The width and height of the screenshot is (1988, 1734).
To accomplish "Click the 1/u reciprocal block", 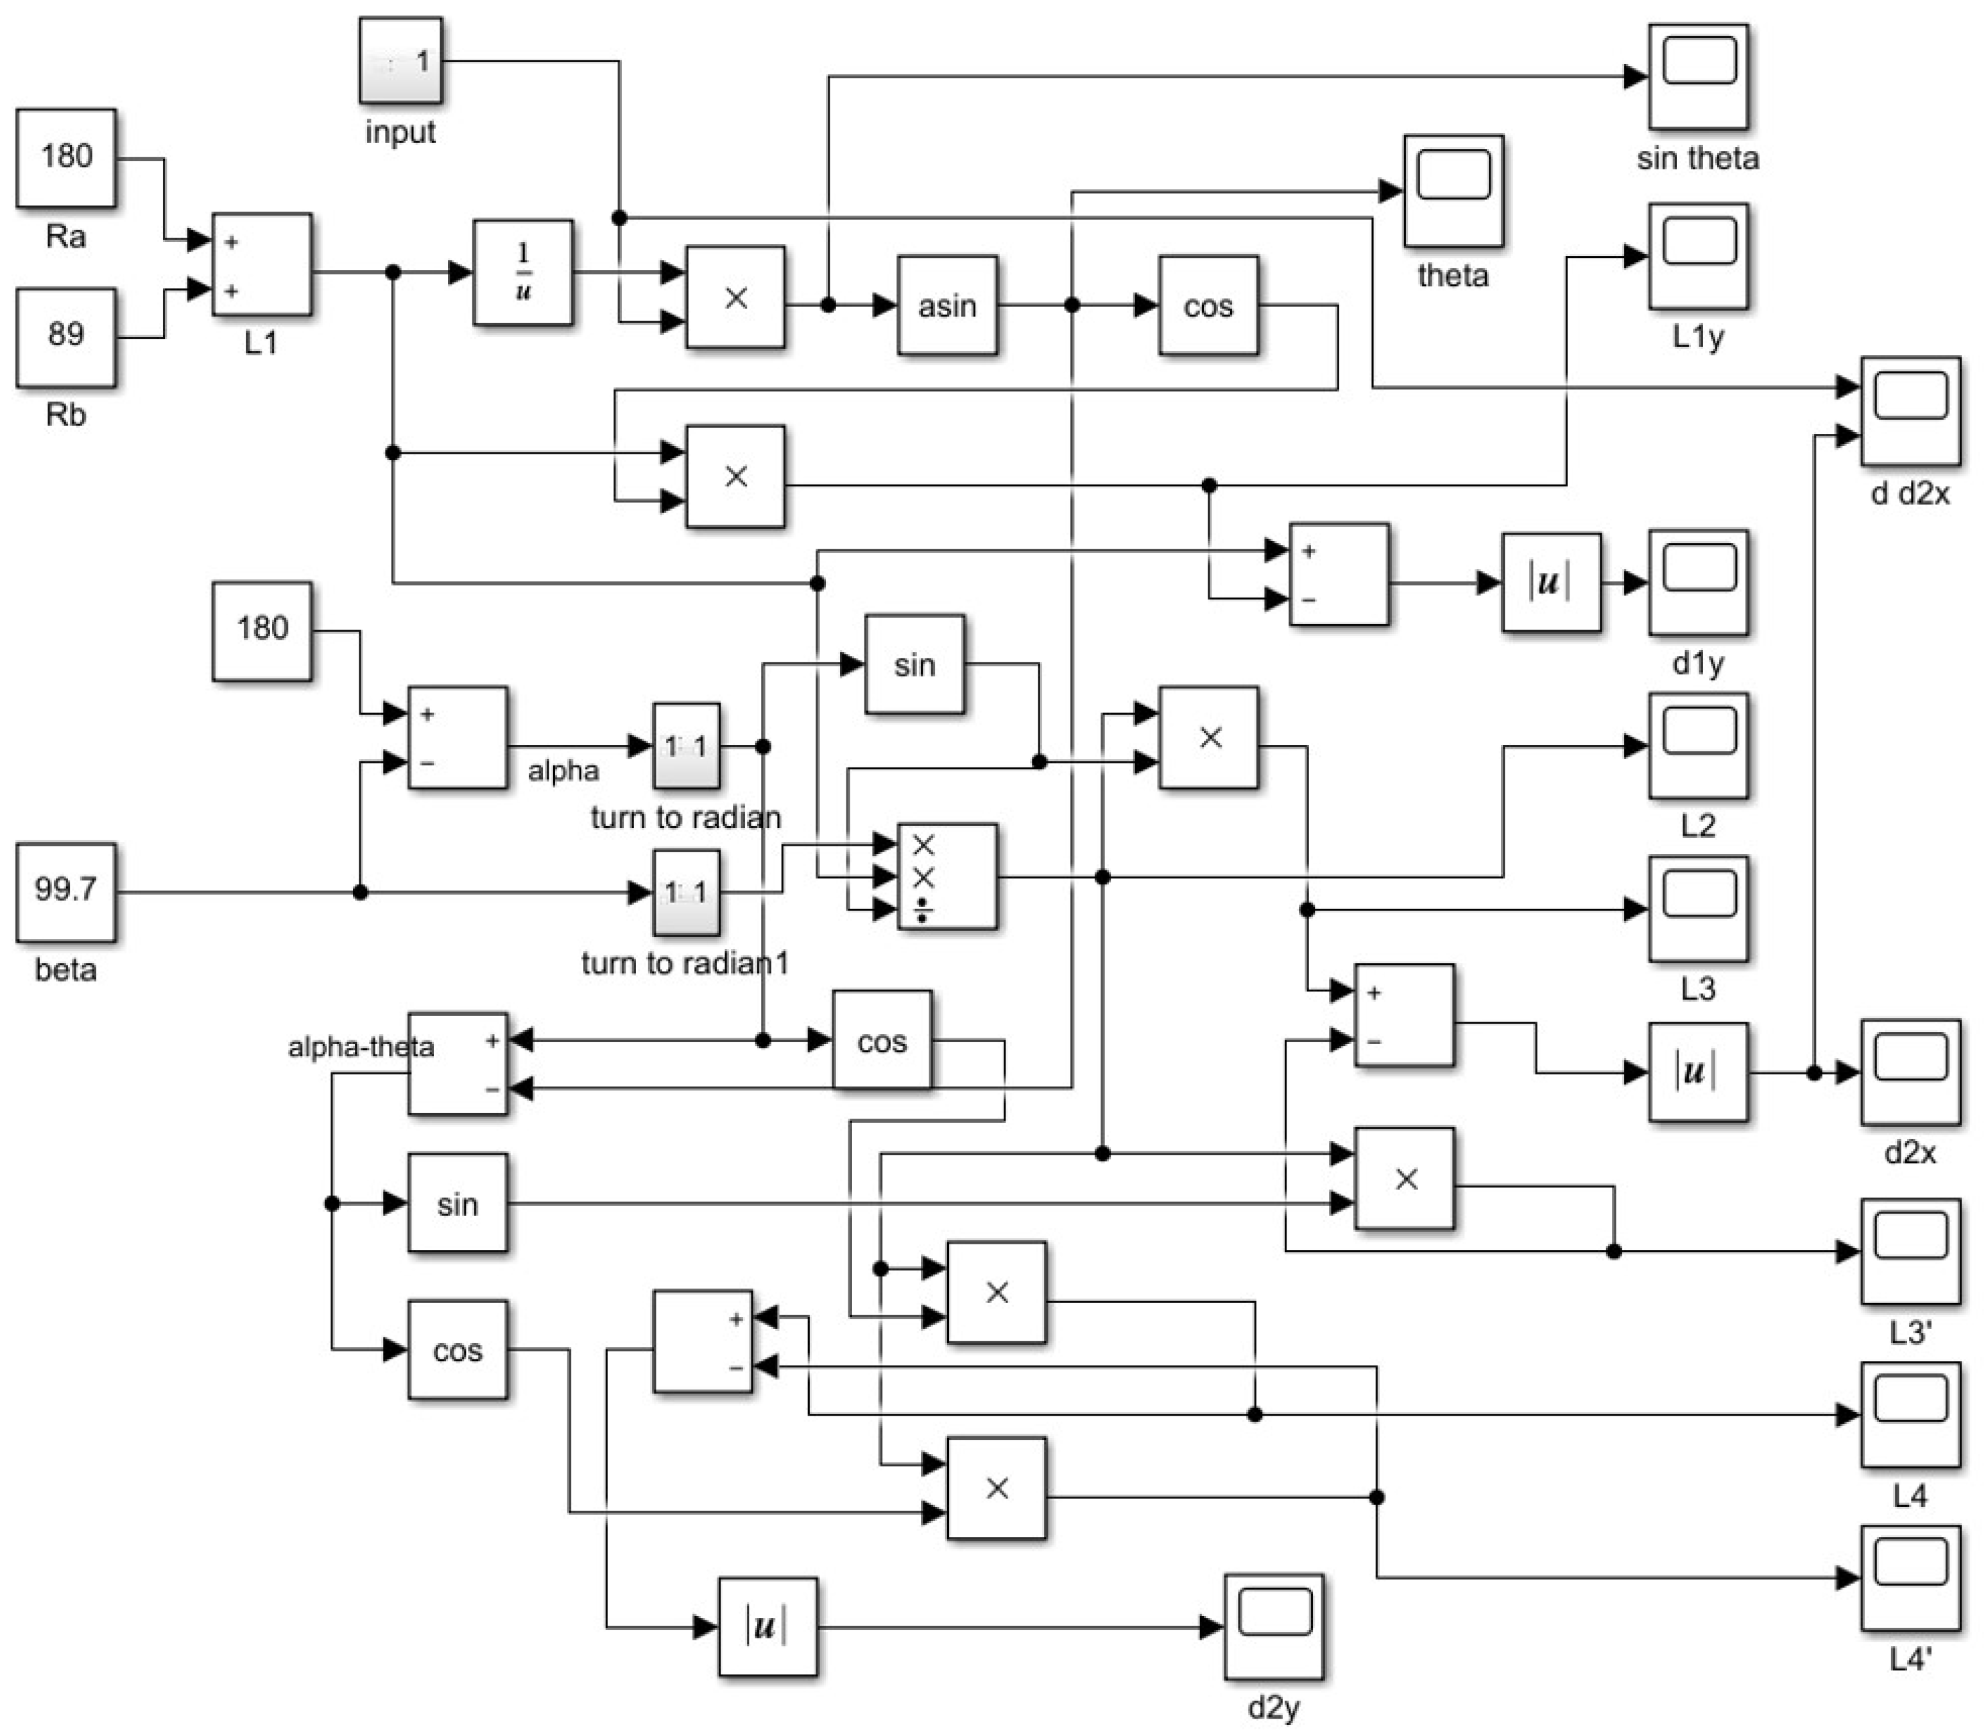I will [522, 272].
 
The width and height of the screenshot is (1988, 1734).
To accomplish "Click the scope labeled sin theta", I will [1698, 76].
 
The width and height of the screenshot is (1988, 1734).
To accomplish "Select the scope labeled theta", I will [1453, 191].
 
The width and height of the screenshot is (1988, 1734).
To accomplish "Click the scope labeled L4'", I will [1910, 1577].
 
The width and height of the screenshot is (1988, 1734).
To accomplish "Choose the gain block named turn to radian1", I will [686, 892].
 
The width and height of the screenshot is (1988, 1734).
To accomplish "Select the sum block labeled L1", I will [261, 264].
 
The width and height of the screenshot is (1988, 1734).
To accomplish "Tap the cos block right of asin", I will [1208, 305].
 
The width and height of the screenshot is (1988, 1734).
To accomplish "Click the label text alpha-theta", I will [360, 1047].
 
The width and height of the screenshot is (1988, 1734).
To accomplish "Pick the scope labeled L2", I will [1698, 745].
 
